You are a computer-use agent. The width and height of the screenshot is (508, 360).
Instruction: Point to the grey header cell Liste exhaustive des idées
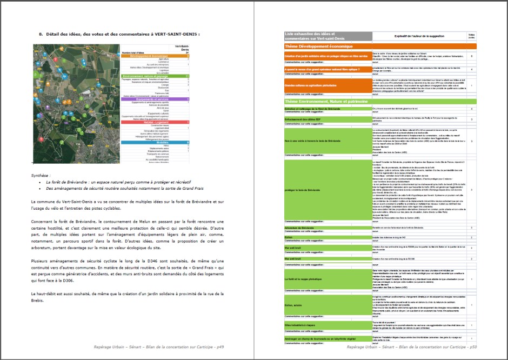[x=327, y=36]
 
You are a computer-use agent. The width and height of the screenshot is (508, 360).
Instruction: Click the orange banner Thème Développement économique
[x=327, y=47]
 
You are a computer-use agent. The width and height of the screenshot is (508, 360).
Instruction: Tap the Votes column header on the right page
[x=471, y=36]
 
